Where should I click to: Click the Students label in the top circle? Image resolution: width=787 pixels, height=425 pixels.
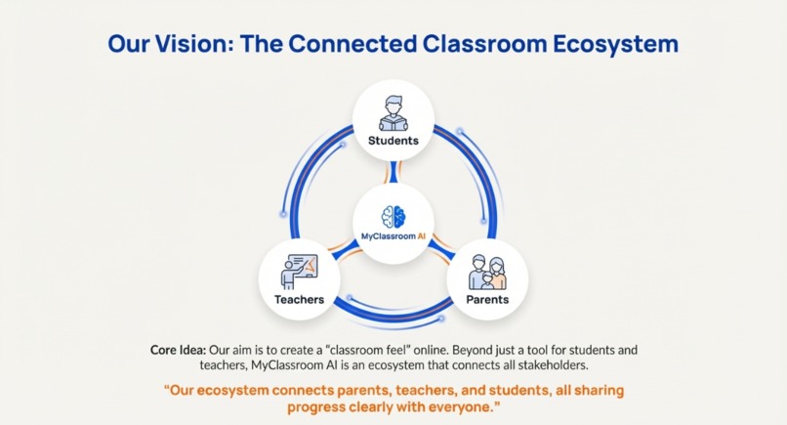tap(393, 140)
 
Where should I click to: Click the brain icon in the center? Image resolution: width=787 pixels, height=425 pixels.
tap(393, 217)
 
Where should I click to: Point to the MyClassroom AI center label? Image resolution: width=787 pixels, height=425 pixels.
tap(393, 236)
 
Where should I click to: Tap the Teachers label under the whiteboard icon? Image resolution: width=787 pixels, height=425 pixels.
tap(299, 299)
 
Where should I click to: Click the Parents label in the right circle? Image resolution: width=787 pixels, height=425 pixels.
tap(486, 299)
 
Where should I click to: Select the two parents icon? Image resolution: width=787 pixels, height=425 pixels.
tap(487, 272)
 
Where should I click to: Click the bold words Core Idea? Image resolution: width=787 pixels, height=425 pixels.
tap(178, 349)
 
